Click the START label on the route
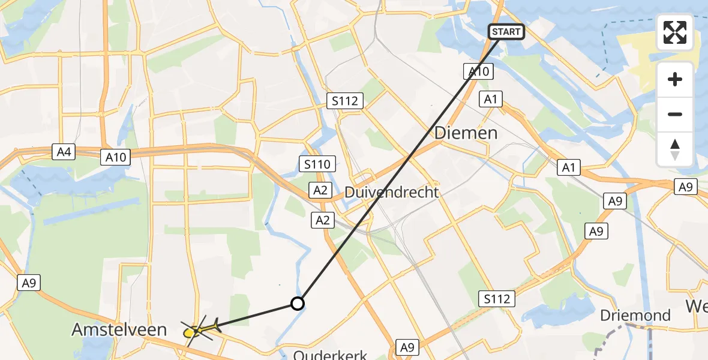[506, 32]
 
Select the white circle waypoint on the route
[298, 304]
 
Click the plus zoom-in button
[675, 79]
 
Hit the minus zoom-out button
[675, 114]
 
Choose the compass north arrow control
[675, 149]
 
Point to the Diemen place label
[466, 133]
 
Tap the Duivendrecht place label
[392, 193]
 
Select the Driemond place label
[637, 316]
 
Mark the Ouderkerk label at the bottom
[330, 355]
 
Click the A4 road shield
[64, 152]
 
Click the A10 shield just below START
[478, 72]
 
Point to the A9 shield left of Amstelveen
[28, 283]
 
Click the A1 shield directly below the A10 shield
[491, 100]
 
